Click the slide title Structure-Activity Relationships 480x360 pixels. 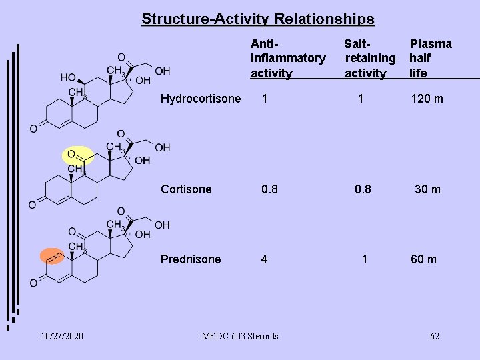[257, 19]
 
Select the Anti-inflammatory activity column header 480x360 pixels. [287, 59]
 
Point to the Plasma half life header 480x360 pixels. [430, 59]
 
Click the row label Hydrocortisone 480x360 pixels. [201, 99]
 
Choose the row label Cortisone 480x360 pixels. [186, 189]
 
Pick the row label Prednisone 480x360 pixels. [191, 259]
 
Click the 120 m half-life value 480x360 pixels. [427, 99]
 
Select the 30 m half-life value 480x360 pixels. [427, 189]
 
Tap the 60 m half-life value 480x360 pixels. [423, 259]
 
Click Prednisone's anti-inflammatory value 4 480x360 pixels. [265, 259]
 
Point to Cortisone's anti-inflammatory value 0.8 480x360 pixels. [269, 189]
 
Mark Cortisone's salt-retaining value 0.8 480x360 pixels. [363, 189]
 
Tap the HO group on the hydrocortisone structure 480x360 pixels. [67, 77]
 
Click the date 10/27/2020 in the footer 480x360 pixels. [61, 336]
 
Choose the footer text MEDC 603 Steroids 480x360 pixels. [240, 336]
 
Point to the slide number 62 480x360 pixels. [434, 336]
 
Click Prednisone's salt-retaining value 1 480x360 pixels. [364, 259]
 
